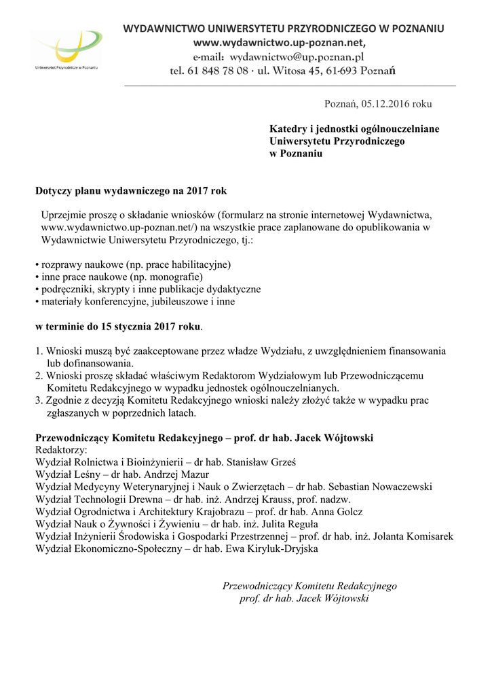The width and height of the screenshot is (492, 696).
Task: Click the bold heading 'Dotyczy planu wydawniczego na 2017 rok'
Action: click(131, 192)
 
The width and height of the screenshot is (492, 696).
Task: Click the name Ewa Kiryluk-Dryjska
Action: click(274, 549)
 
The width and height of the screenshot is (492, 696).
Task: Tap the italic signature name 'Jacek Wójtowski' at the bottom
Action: click(333, 599)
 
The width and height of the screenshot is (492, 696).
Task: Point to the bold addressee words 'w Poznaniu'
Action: click(296, 153)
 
